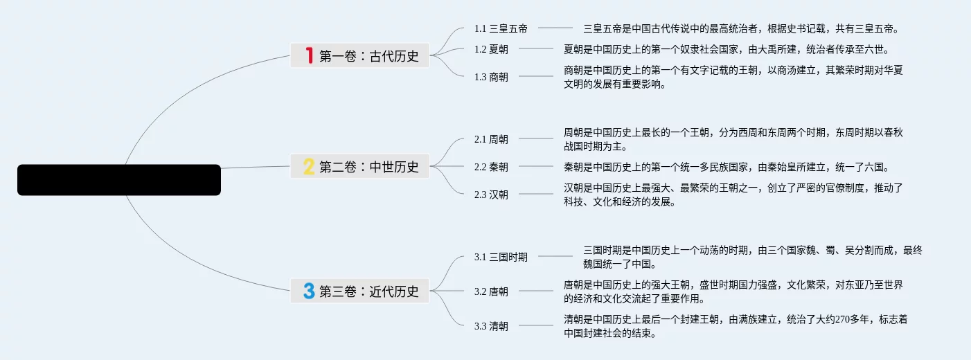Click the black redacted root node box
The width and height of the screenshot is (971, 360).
[119, 180]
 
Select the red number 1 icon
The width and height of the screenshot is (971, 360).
[310, 55]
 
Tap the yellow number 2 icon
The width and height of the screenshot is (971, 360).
[309, 166]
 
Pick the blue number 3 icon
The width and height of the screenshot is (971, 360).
[309, 291]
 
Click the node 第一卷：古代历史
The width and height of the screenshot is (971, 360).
[369, 56]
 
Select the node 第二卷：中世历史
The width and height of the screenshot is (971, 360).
[369, 167]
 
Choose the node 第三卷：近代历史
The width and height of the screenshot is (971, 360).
[369, 291]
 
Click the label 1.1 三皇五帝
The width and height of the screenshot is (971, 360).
[501, 28]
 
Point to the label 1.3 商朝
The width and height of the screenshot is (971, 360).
[491, 77]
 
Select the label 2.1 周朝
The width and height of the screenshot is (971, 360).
[491, 139]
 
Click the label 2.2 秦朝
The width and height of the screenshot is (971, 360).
[491, 167]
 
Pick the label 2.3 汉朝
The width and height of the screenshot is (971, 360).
[491, 195]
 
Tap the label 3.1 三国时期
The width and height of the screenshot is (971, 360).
[501, 257]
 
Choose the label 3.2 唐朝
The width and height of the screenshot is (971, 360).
[491, 291]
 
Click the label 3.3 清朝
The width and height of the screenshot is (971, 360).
[491, 326]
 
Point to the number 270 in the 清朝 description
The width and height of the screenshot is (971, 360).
[844, 319]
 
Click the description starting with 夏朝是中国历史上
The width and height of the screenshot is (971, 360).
[726, 49]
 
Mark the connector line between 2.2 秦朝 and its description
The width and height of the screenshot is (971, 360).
[536, 166]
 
